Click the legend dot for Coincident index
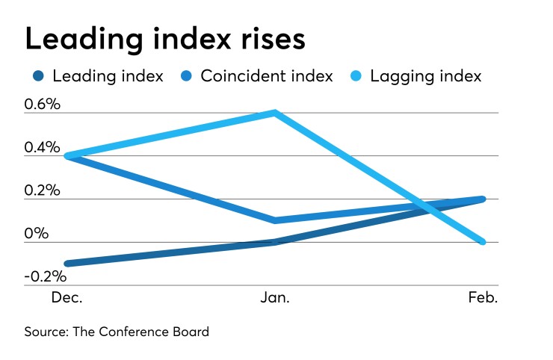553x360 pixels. (188, 76)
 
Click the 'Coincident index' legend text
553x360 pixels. (267, 76)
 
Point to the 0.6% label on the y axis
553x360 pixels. (43, 105)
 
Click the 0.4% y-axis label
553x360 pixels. (43, 147)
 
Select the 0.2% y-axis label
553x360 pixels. (43, 190)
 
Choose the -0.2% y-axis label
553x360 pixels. (46, 276)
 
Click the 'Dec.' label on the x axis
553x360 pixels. (67, 297)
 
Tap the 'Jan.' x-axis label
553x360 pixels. (276, 297)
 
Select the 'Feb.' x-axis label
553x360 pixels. (482, 297)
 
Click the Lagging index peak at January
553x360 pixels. (276, 114)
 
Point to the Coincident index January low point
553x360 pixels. (276, 220)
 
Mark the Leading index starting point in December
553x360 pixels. (68, 264)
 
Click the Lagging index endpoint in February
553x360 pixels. (482, 242)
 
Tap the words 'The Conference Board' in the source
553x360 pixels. (140, 332)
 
